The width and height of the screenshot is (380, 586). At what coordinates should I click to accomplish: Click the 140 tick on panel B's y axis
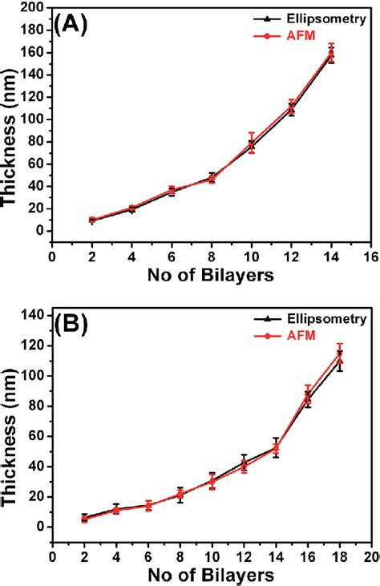pyautogui.click(x=34, y=315)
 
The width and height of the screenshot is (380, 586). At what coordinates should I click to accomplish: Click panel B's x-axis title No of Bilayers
pyautogui.click(x=211, y=575)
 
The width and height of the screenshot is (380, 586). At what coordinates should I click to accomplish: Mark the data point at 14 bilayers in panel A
pyautogui.click(x=331, y=54)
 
